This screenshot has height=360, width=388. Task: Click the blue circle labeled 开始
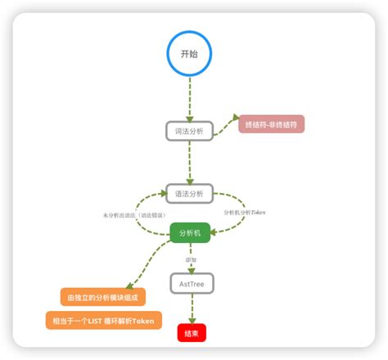pos(190,52)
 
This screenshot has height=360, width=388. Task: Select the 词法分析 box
pos(190,131)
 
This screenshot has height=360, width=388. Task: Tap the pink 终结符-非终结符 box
pos(270,124)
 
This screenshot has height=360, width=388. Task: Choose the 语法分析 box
pos(190,193)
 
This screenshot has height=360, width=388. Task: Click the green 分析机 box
pos(190,232)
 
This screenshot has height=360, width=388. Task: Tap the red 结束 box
pos(192,333)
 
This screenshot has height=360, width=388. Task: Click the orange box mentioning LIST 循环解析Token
pos(104,320)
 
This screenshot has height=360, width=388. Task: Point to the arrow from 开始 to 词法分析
pos(190,98)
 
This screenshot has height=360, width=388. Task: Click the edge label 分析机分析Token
pos(245,212)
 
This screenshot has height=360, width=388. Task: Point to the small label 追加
pos(190,259)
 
